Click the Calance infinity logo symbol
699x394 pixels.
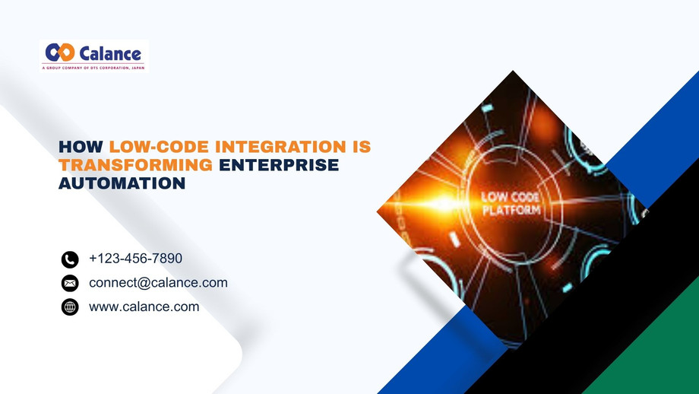(x=59, y=52)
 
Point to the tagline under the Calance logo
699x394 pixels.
(x=92, y=68)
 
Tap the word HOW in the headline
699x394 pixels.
(x=81, y=146)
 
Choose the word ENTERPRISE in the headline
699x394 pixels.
(x=279, y=165)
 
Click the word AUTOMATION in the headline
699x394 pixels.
(x=122, y=183)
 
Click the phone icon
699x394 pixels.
(x=70, y=259)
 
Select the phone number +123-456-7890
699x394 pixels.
(x=135, y=259)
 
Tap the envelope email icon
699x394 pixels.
(x=70, y=284)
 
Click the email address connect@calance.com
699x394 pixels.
(x=158, y=283)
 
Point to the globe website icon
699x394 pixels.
(x=70, y=307)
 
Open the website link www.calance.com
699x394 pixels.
(x=144, y=307)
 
